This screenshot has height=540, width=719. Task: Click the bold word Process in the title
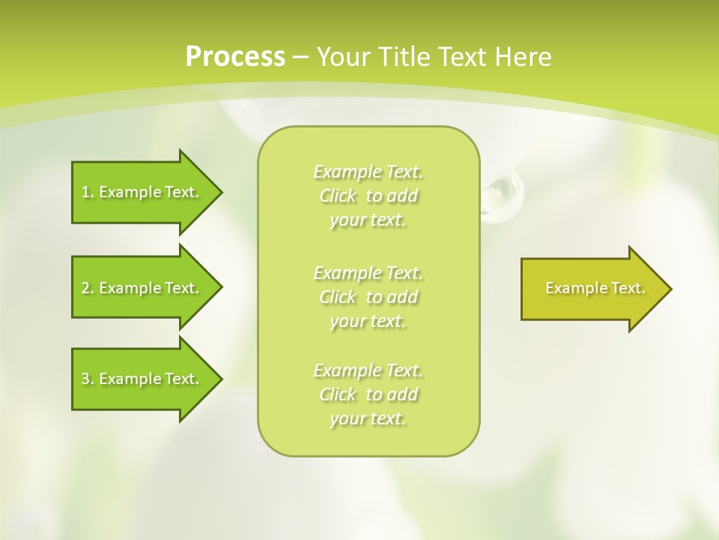235,57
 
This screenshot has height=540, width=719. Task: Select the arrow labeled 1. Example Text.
142,192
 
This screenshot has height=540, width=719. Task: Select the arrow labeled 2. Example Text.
142,288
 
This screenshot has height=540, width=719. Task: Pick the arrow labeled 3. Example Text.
142,379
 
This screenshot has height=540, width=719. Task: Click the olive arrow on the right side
592,289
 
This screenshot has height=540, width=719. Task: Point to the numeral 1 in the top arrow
85,192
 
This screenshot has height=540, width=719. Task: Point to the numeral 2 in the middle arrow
85,288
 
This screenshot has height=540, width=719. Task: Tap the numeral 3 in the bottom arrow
85,379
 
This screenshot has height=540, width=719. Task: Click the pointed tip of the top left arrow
220,192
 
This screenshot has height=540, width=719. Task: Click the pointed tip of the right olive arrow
670,289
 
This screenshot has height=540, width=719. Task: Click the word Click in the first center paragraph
338,196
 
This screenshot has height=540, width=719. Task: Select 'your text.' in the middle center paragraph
368,321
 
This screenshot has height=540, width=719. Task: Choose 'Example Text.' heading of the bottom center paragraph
368,370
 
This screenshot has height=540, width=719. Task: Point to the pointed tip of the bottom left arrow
220,379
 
